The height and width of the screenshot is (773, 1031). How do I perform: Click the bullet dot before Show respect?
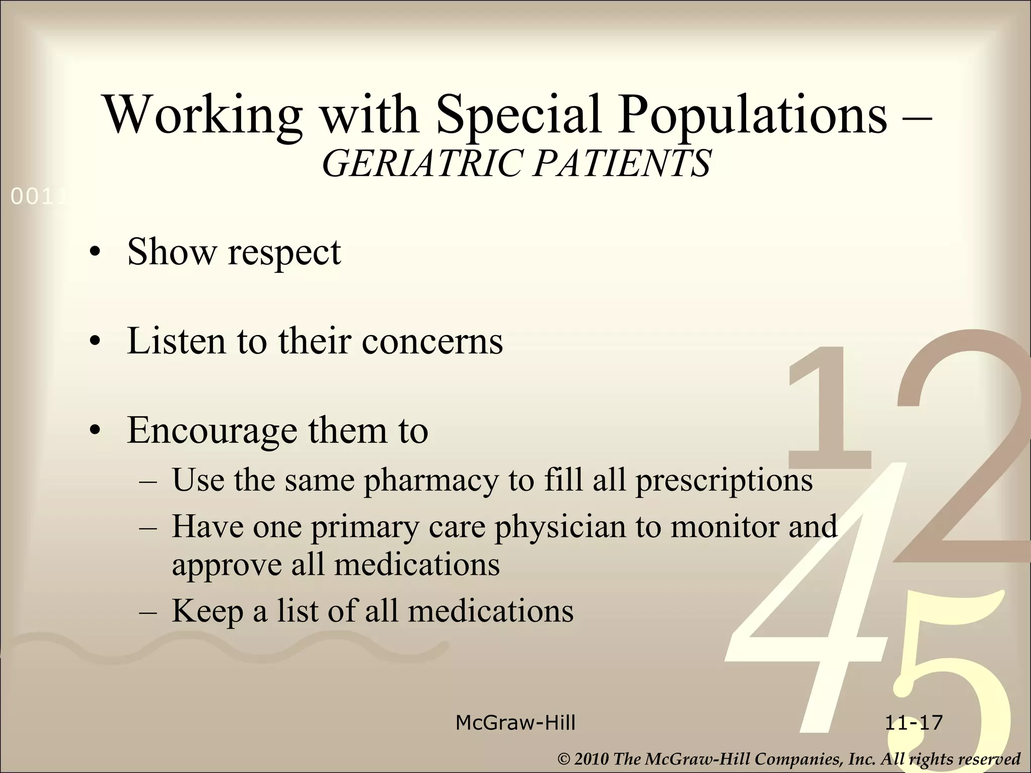pyautogui.click(x=94, y=253)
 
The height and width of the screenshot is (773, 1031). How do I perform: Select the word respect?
pyautogui.click(x=284, y=253)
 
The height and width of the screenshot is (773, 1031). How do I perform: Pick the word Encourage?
pyautogui.click(x=212, y=432)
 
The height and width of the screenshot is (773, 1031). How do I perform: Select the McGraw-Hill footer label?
pyautogui.click(x=515, y=723)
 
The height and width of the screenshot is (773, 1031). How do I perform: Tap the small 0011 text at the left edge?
pyautogui.click(x=38, y=198)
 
